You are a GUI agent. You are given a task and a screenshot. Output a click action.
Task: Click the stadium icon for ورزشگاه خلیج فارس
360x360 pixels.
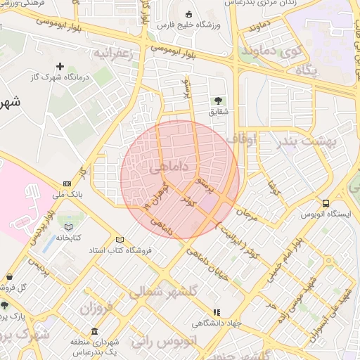[x=188, y=15]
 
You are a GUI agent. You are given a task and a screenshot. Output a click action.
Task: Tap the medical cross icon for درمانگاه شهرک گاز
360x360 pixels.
[x=60, y=67]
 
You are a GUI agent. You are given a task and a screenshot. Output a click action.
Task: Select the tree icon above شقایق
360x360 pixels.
[x=217, y=100]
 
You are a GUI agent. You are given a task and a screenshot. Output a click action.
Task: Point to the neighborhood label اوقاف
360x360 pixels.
[x=247, y=140]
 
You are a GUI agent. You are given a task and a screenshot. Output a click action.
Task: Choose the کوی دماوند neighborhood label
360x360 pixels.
[x=271, y=51]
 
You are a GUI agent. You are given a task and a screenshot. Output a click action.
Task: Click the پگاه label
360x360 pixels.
[x=307, y=71]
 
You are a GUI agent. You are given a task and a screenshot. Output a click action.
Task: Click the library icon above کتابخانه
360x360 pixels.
[x=68, y=226]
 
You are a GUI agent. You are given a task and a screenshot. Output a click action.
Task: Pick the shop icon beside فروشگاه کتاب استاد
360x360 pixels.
[x=120, y=239]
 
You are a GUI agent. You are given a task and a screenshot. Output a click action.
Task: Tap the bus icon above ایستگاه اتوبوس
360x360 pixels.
[x=325, y=202]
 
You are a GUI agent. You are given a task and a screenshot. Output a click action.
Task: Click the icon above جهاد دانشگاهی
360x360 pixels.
[x=217, y=311]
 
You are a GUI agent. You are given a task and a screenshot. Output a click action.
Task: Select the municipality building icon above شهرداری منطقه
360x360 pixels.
[x=94, y=331]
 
